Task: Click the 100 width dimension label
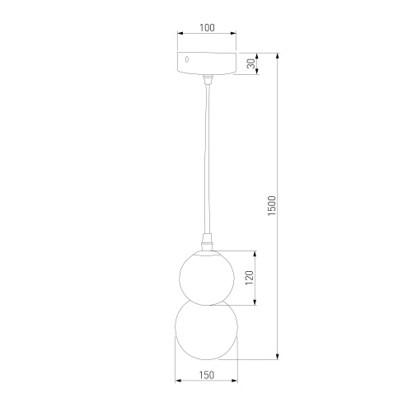207,27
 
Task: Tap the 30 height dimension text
251,63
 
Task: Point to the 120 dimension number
251,279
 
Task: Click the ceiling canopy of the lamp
207,64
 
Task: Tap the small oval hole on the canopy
187,60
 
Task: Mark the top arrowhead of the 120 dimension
256,253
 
